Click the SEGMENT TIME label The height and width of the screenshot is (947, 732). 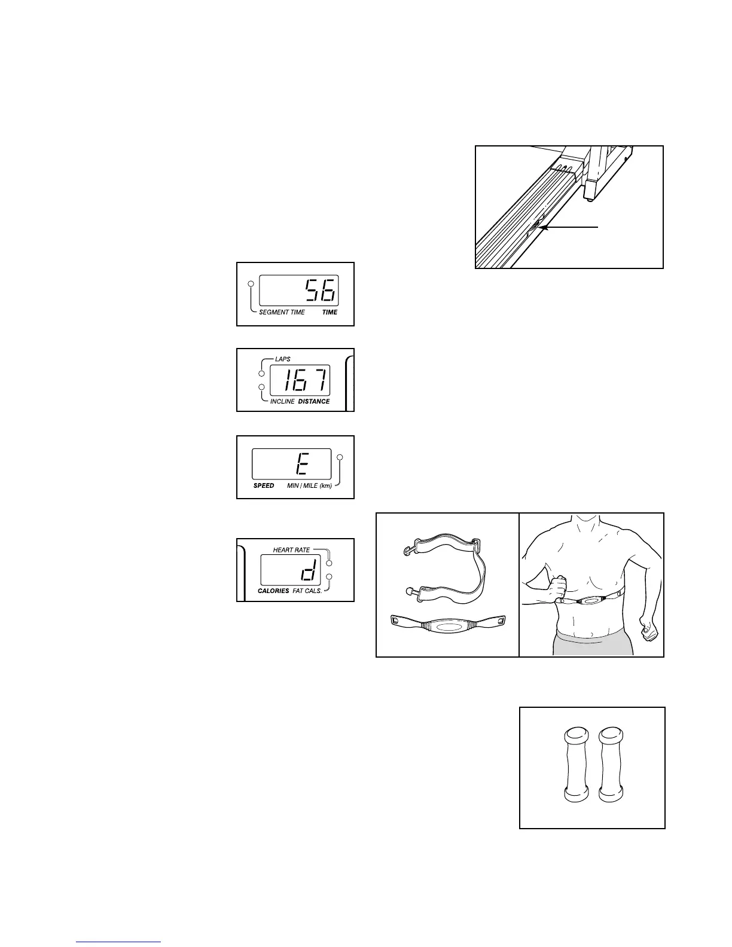[x=282, y=312]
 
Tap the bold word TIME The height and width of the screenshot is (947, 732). [x=330, y=312]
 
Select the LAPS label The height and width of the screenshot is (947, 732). [x=283, y=359]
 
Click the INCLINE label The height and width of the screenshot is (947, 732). [x=282, y=401]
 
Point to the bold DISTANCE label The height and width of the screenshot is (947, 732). [x=314, y=401]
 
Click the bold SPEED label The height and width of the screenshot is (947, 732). [x=264, y=485]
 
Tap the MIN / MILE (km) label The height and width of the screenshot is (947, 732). [x=309, y=485]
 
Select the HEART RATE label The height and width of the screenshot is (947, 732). [x=291, y=549]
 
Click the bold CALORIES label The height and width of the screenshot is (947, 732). [x=273, y=591]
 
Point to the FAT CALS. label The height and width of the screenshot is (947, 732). [x=307, y=591]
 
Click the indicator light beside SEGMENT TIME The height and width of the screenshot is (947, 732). [x=251, y=283]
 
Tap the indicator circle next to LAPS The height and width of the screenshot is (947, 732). [x=261, y=374]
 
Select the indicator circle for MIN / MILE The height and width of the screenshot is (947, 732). [x=340, y=457]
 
